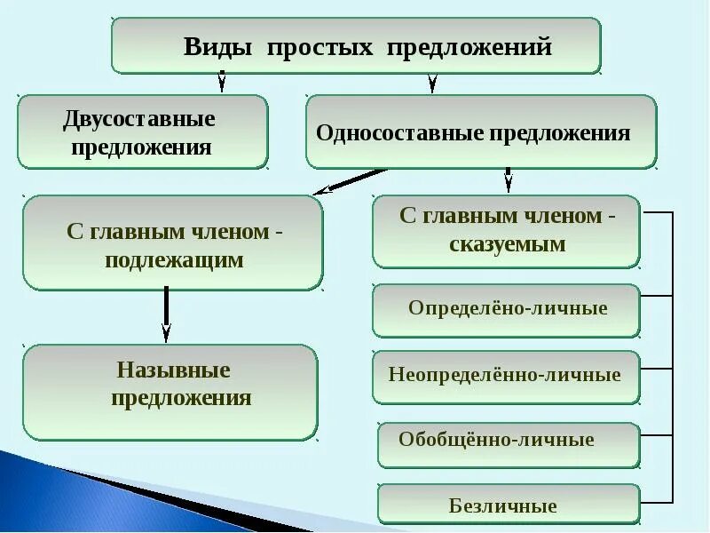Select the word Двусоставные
[x=139, y=118]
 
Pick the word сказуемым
[x=507, y=244]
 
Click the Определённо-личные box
[x=507, y=309]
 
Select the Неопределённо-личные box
[x=505, y=374]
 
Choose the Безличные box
[x=508, y=505]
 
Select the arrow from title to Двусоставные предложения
[x=222, y=82]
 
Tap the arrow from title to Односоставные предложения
[x=432, y=83]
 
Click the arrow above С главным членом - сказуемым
[x=508, y=180]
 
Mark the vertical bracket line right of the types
[x=673, y=355]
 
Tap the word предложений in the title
[x=469, y=47]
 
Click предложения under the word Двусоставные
[x=141, y=147]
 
